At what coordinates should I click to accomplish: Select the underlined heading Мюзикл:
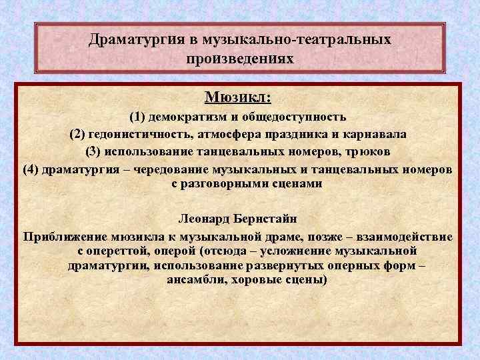point(238,98)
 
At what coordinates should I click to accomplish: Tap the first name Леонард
point(205,219)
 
